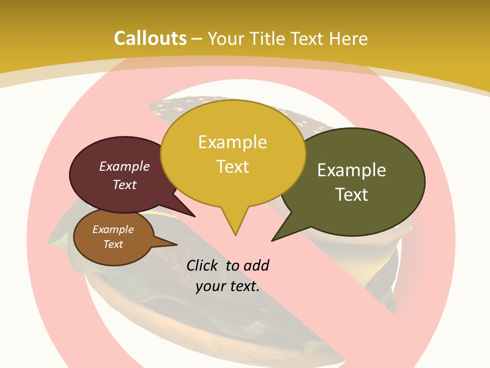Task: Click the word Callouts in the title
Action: coord(150,38)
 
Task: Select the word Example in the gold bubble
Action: coord(232,142)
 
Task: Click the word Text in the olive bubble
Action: coord(352,195)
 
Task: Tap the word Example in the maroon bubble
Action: coord(125,167)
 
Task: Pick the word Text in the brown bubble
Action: coord(113,244)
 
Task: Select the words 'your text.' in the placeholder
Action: coord(228,287)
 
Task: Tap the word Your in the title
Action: coord(228,38)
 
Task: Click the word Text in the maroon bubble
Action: coord(125,185)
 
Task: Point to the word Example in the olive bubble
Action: coord(352,170)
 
